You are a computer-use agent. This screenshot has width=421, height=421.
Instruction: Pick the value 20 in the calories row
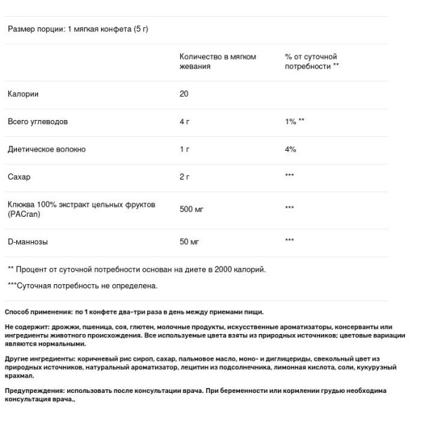point(184,93)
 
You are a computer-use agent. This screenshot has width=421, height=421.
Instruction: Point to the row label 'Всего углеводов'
point(37,121)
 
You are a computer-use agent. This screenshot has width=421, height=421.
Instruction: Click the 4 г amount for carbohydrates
point(185,121)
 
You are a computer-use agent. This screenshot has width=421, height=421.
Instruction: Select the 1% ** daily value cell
point(295,121)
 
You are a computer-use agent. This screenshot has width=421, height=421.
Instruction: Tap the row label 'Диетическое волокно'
point(46,149)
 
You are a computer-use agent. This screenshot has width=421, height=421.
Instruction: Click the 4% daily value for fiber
point(290,149)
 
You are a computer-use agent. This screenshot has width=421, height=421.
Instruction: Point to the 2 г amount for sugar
point(185,176)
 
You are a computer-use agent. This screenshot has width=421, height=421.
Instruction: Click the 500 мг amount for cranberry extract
point(191,208)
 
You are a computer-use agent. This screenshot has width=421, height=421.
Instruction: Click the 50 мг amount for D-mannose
point(189,241)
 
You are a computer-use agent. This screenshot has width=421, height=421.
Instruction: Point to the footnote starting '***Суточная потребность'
point(83,286)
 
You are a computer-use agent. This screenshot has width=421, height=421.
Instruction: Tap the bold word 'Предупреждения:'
point(36,389)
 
